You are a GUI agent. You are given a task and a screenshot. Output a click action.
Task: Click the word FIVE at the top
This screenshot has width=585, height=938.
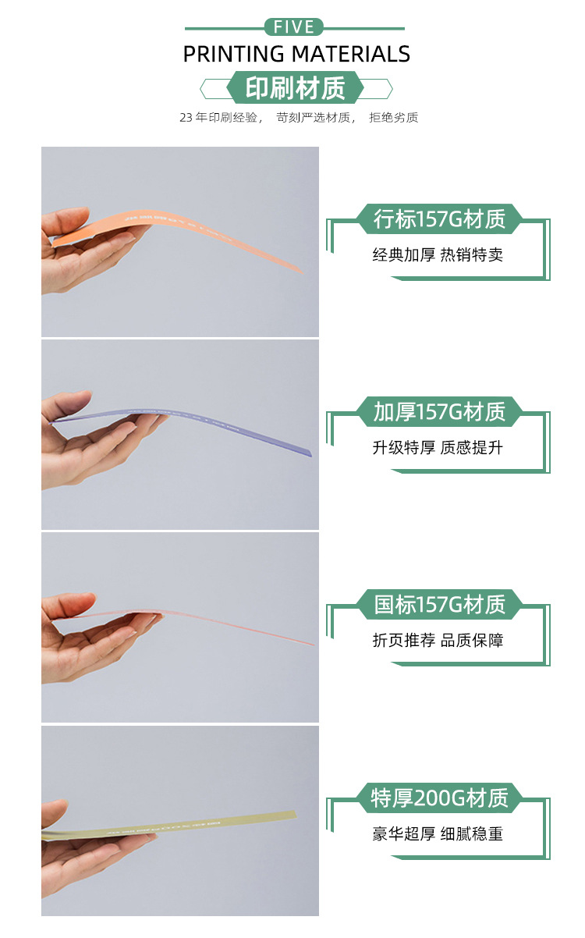point(294,27)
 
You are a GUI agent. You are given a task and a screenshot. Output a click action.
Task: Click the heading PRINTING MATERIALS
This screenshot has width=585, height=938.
point(296,54)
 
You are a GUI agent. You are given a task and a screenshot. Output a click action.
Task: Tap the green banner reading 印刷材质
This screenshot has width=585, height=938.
point(295,88)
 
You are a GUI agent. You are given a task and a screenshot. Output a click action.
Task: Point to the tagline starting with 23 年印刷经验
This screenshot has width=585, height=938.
point(299,118)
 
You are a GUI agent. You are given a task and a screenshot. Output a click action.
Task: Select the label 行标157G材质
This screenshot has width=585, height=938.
point(439,219)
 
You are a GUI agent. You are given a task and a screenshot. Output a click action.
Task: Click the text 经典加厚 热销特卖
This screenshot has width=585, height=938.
point(438,255)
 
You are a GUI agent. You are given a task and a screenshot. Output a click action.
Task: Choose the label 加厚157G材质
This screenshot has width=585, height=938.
point(439,411)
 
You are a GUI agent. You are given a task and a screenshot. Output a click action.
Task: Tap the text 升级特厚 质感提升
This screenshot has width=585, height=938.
point(438,448)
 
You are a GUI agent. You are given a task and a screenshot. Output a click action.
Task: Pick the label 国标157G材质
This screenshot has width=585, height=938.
point(439,604)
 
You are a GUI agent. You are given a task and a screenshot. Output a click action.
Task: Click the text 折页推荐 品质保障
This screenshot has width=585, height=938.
point(438,641)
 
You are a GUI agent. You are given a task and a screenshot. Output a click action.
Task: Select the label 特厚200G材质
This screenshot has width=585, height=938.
point(439,798)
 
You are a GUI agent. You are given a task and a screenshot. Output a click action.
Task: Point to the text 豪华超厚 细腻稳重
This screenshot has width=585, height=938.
point(438,833)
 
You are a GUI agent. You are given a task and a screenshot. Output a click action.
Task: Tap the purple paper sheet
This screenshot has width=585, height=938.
point(218,425)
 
